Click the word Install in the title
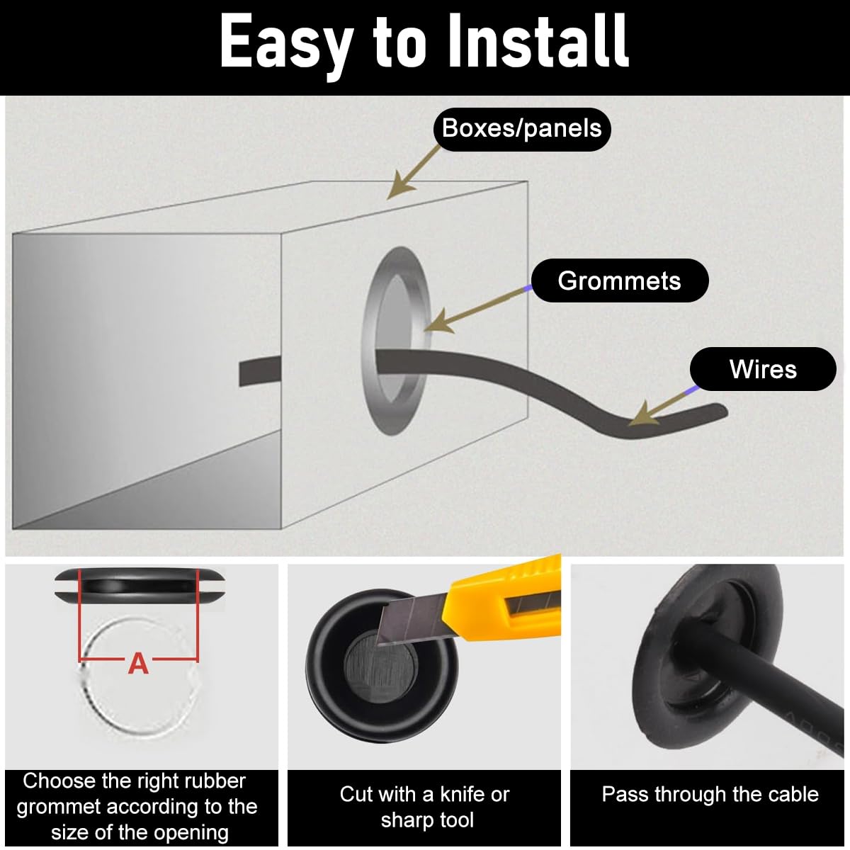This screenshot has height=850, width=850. pos(538,40)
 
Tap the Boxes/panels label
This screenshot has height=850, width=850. pos(522,129)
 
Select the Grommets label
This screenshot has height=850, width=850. pos(619,280)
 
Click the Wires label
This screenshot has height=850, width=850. pos(763,369)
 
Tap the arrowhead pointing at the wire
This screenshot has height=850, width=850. pos(642,414)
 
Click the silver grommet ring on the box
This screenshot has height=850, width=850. pos(369,340)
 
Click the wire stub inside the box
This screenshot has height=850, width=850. pos(260,371)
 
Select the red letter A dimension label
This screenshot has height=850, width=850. pos(138,664)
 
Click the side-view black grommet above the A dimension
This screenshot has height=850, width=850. pos(140,586)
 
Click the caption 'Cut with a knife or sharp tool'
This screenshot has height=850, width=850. pos(425,807)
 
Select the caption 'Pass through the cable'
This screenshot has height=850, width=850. pos(710,794)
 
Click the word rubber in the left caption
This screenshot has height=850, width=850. pos(215,781)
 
